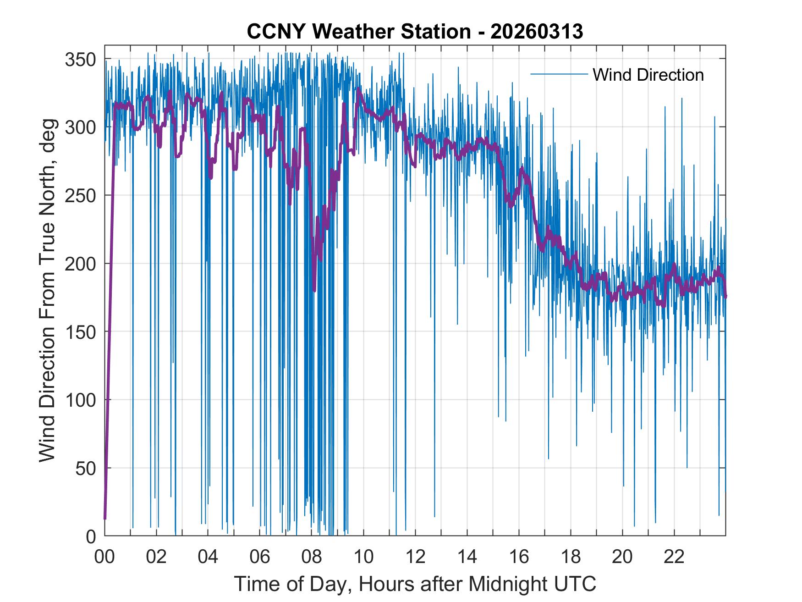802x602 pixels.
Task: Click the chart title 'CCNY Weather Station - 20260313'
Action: (415, 32)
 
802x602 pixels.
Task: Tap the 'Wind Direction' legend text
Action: (648, 75)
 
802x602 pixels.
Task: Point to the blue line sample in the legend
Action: (559, 74)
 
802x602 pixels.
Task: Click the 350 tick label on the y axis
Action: (80, 59)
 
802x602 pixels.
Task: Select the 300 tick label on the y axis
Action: (80, 127)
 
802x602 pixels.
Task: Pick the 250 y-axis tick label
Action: (80, 195)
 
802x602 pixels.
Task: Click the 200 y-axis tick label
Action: (80, 264)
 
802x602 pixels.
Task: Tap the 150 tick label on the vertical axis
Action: (80, 331)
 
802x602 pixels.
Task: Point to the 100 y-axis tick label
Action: (80, 400)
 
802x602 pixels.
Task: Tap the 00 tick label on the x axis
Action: (104, 557)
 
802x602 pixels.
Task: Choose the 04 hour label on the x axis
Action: (208, 557)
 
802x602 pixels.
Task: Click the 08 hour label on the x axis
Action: (312, 557)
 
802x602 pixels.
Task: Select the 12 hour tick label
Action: (415, 557)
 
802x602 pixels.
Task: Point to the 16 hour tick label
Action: (519, 557)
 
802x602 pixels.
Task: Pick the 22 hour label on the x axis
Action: (674, 557)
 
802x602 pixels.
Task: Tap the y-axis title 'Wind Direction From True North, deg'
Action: (47, 290)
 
